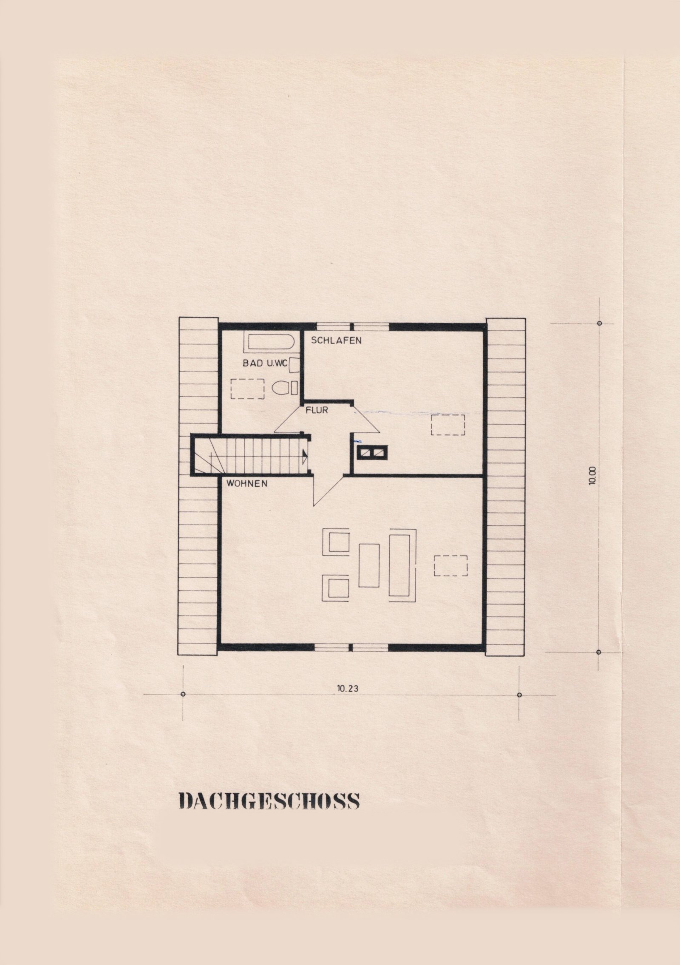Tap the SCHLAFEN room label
point(336,340)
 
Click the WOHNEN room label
point(247,483)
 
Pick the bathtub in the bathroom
point(269,343)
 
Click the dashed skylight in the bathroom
point(248,388)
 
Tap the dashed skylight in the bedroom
point(448,425)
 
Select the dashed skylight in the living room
point(450,565)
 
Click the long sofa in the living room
point(402,564)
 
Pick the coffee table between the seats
point(369,565)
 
